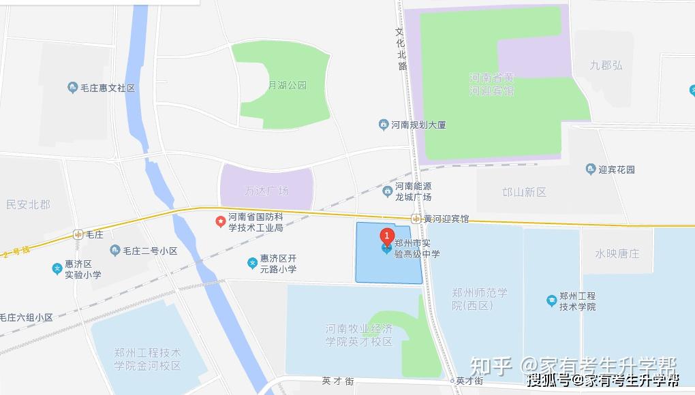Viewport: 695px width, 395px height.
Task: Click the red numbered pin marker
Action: point(387,237)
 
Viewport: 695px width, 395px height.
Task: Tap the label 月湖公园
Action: point(287,86)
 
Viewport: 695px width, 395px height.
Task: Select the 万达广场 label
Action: point(266,191)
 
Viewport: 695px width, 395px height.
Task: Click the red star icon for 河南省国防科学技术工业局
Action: point(221,221)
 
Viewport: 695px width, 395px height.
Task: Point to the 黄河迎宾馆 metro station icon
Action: point(416,219)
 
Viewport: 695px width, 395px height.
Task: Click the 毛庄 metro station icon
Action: point(78,234)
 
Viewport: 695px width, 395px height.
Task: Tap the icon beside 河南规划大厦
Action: point(384,125)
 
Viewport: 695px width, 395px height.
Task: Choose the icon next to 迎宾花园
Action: point(591,169)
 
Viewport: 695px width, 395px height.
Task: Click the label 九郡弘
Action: point(606,65)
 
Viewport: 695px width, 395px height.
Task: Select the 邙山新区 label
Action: point(525,192)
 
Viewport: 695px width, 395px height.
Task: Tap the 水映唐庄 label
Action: point(617,253)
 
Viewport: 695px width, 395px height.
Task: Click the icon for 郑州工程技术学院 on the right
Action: point(551,300)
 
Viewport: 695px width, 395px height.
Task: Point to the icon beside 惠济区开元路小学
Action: point(252,263)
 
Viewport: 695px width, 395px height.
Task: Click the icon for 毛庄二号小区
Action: point(115,251)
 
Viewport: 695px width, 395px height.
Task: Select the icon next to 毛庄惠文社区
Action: point(73,87)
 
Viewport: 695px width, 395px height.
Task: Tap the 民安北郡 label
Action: point(29,204)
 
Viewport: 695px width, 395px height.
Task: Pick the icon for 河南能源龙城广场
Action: point(388,191)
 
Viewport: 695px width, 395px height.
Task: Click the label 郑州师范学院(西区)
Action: point(480,299)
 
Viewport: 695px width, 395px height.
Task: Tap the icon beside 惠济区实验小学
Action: point(57,269)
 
